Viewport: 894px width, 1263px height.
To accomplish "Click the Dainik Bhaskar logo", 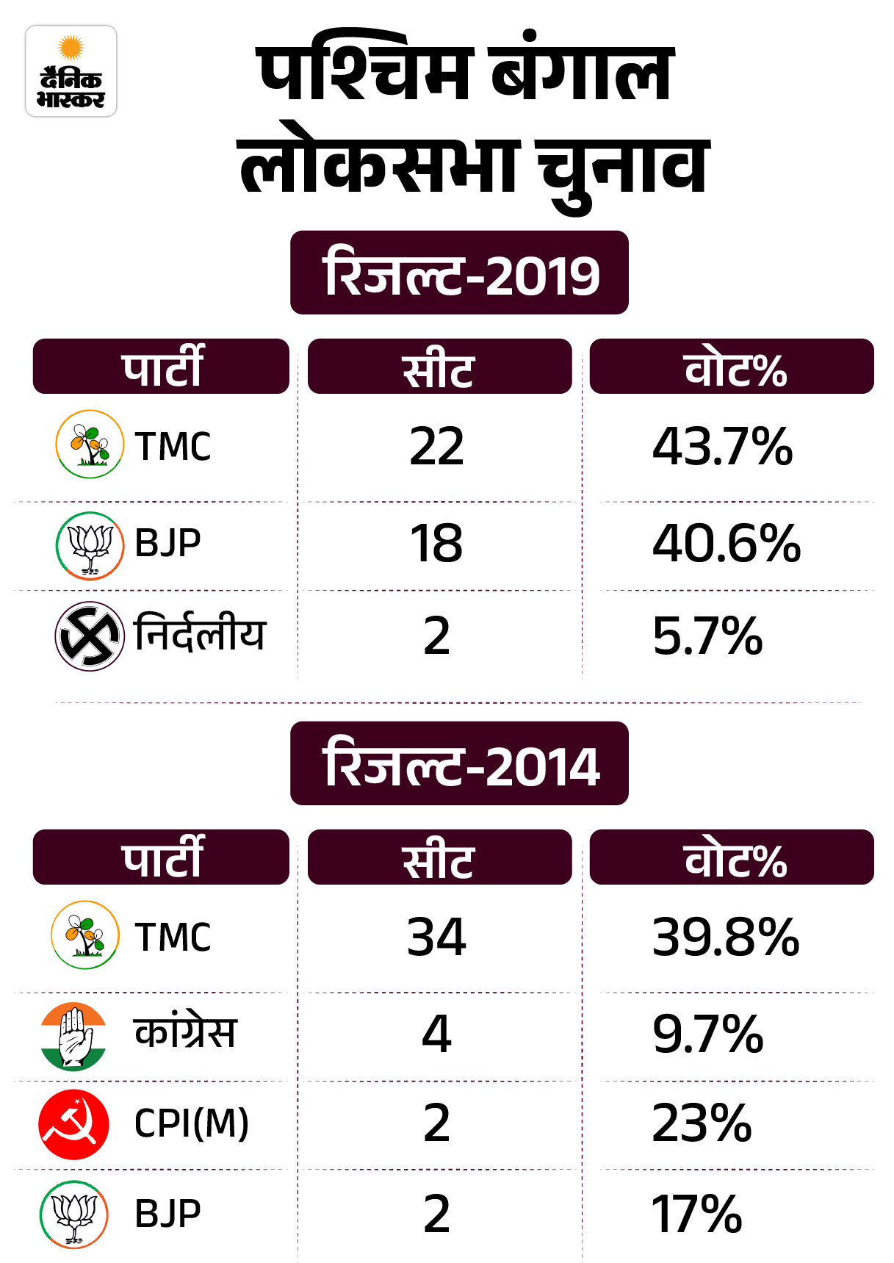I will pos(71,71).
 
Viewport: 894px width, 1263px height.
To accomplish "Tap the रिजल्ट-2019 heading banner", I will pos(459,273).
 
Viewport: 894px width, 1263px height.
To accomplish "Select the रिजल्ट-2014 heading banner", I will pos(459,764).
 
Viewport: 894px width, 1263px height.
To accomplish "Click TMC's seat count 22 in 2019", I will pos(437,447).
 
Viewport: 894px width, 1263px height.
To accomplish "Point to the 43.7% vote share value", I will pos(722,447).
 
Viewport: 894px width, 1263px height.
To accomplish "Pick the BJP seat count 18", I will pos(437,544).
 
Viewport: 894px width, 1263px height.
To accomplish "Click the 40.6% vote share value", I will pos(726,544).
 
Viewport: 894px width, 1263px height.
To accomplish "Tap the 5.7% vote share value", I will pos(707,636).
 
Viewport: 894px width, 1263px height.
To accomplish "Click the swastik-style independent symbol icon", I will pos(90,636).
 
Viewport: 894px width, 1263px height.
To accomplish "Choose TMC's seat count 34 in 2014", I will pos(437,938).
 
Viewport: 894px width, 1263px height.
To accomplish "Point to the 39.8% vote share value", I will pos(726,938).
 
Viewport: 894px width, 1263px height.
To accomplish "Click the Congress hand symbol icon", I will pos(73,1036).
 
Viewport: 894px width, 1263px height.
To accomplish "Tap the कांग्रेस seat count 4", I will pos(437,1034).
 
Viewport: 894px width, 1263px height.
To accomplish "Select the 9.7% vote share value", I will pos(707,1034).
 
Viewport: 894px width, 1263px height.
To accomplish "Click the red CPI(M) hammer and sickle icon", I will pos(73,1124).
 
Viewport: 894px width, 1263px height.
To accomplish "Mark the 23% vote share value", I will pos(702,1124).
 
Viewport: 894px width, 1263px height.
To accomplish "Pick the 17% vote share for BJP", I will pos(696,1214).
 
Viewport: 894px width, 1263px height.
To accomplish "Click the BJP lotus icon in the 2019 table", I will pos(90,545).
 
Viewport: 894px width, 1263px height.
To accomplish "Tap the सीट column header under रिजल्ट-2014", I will pos(439,858).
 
